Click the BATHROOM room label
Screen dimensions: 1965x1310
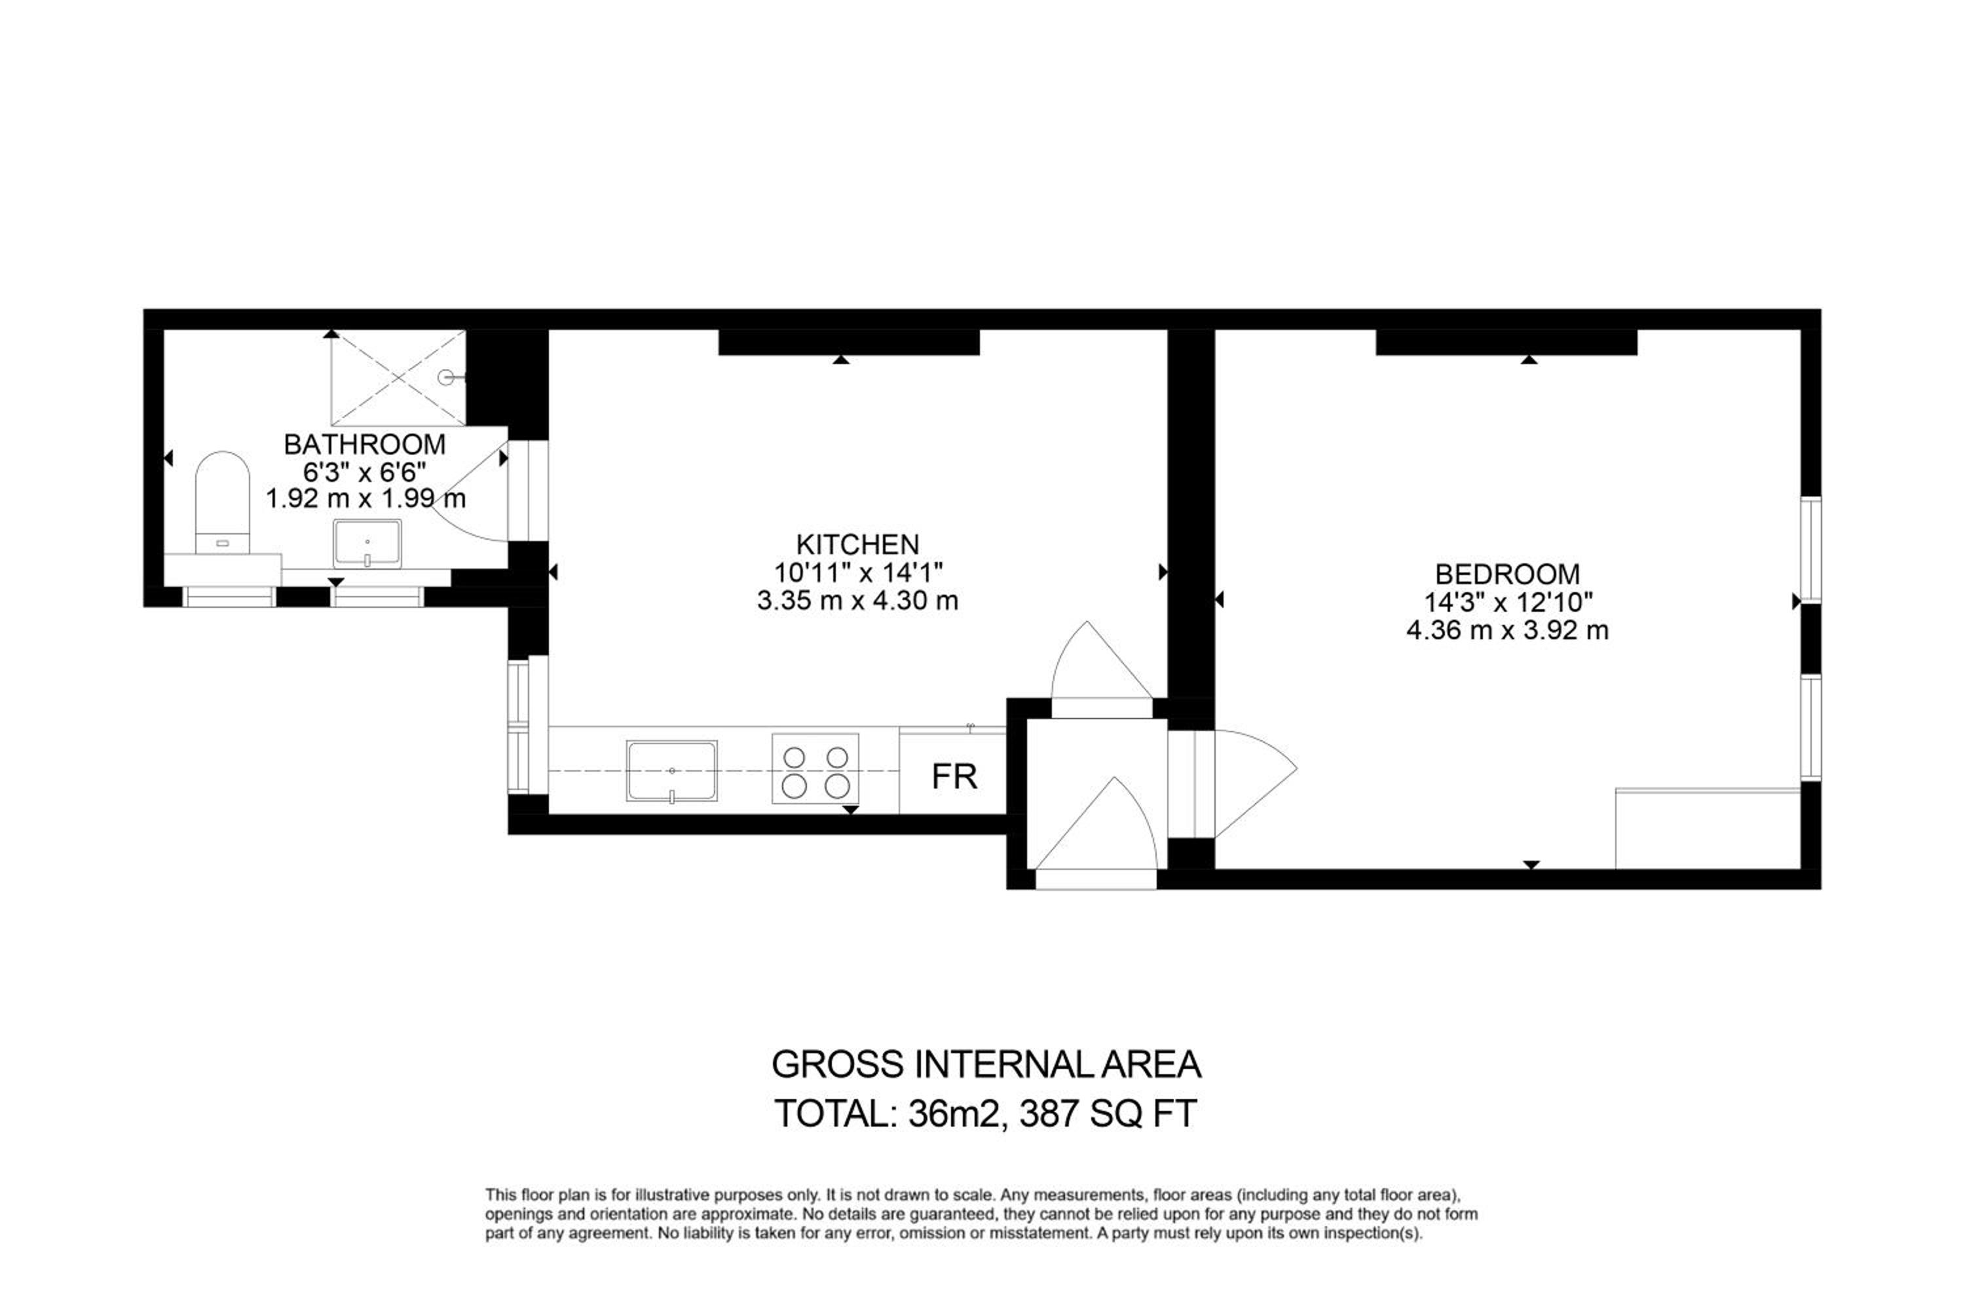pyautogui.click(x=364, y=445)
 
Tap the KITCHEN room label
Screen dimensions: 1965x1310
pyautogui.click(x=857, y=545)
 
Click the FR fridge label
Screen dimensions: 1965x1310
pyautogui.click(x=954, y=777)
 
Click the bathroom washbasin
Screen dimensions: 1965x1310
pyautogui.click(x=367, y=544)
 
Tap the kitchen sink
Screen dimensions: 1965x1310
pyautogui.click(x=672, y=771)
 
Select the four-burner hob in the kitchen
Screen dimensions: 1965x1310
pyautogui.click(x=815, y=768)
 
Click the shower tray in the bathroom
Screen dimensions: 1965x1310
pyautogui.click(x=398, y=378)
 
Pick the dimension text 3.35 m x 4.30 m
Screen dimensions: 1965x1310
pyautogui.click(x=857, y=601)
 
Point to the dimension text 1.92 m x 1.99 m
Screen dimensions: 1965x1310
pyautogui.click(x=365, y=498)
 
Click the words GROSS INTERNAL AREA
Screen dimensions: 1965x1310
pyautogui.click(x=986, y=1064)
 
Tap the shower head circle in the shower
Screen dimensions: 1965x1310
pyautogui.click(x=446, y=378)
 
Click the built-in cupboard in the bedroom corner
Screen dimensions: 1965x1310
pyautogui.click(x=1708, y=828)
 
